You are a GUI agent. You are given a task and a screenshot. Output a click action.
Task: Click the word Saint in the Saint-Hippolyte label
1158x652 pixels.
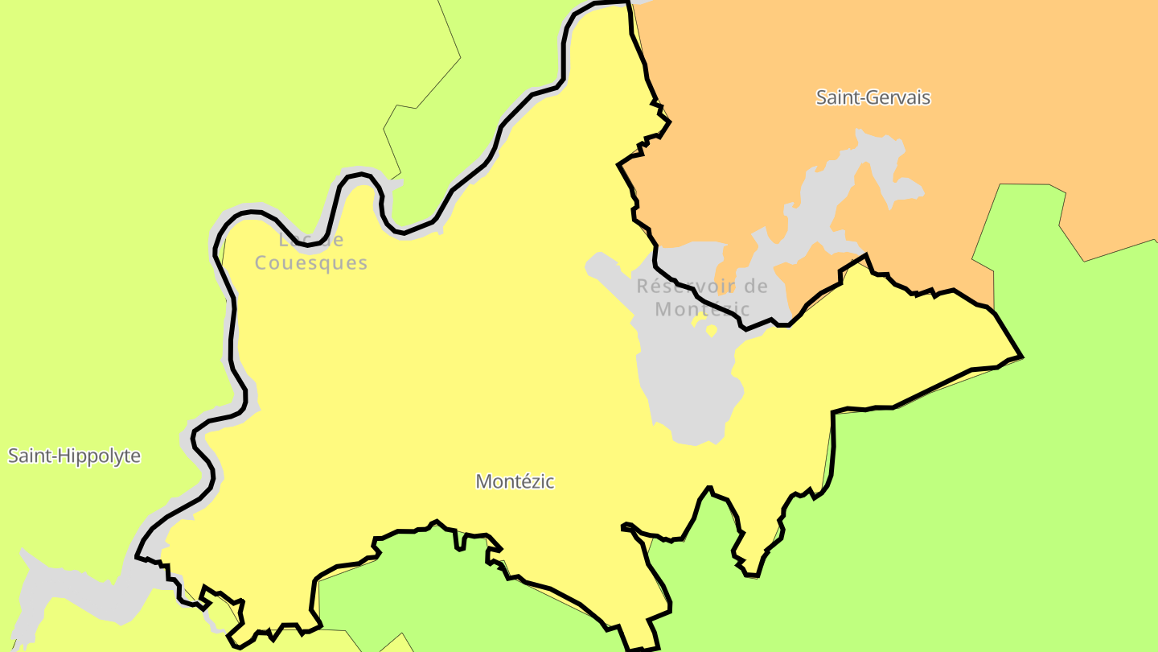click(x=26, y=456)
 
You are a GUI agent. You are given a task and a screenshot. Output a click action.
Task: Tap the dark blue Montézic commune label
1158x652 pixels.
click(x=515, y=481)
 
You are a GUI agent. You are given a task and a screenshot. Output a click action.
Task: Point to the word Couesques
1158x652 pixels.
click(x=311, y=263)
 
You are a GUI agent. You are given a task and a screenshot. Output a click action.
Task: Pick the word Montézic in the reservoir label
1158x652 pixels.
click(x=702, y=309)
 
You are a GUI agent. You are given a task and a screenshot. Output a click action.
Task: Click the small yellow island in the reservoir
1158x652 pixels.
click(x=711, y=329)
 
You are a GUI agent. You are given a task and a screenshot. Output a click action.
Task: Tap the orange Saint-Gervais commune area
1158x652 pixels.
click(x=1005, y=145)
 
